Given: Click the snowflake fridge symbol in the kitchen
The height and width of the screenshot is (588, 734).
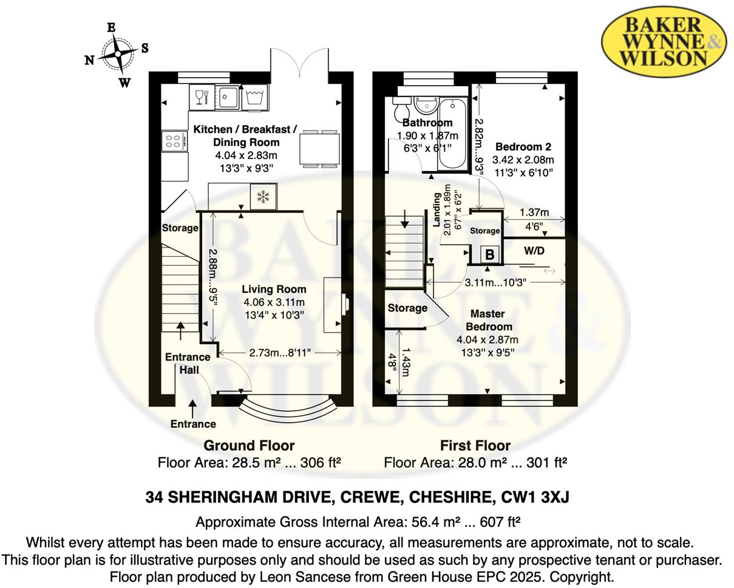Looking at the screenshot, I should [x=263, y=197].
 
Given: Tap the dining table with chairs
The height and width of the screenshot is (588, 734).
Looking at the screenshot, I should [x=319, y=148].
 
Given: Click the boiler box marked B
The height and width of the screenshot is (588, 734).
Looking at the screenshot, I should [x=489, y=254].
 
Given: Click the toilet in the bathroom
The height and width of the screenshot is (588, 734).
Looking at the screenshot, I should [x=402, y=112].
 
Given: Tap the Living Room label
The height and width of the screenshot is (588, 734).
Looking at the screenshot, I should [x=274, y=289].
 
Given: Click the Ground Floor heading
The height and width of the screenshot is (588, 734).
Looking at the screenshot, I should [x=249, y=445].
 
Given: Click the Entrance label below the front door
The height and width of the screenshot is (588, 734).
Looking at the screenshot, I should [x=193, y=424].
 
